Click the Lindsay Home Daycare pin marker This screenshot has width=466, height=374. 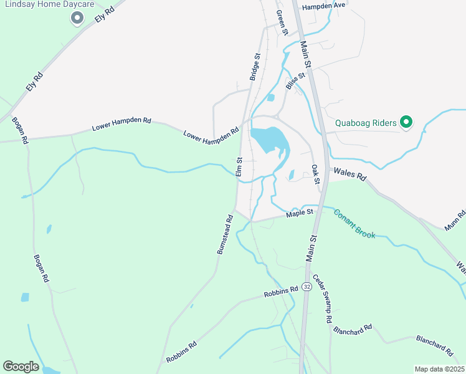click(77, 18)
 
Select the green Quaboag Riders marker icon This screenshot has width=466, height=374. click(406, 122)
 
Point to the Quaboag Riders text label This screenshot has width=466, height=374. click(367, 122)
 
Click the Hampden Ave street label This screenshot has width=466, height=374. click(323, 6)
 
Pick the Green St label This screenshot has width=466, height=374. click(282, 23)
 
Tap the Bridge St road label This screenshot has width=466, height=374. click(254, 66)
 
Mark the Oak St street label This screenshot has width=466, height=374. click(315, 174)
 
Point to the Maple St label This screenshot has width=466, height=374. click(298, 215)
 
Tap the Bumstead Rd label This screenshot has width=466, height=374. click(225, 234)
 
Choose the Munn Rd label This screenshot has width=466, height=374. click(460, 221)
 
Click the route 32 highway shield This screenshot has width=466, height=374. click(307, 286)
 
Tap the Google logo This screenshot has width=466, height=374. click(21, 367)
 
